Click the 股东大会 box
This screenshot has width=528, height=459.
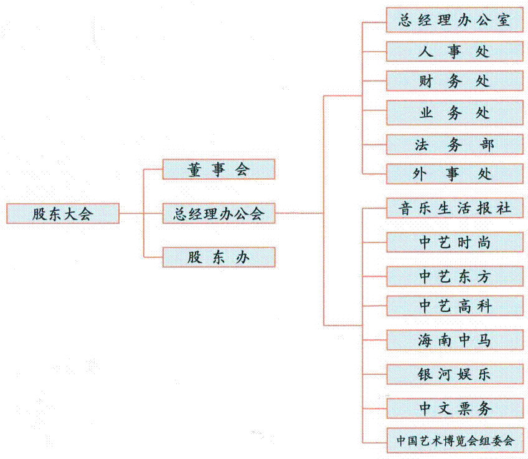coord(63,213)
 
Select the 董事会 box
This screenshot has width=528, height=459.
coord(219,169)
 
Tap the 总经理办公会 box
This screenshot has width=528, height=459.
coord(219,213)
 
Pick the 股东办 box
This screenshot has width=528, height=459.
coord(219,257)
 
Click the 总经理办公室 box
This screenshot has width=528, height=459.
coord(455,20)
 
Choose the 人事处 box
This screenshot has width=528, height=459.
coord(455,51)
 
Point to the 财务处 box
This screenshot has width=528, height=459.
coord(455,81)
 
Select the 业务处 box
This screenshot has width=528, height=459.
coord(455,113)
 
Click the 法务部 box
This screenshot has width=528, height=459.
coord(455,144)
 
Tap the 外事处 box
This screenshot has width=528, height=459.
coord(455,174)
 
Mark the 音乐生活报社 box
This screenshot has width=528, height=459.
coord(455,208)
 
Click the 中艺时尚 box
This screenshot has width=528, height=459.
coord(455,242)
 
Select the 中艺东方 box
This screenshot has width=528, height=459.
coord(455,276)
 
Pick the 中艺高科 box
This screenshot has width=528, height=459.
coord(455,306)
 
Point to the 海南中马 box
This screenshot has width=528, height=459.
coord(455,340)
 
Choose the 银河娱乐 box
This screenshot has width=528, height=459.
coord(455,374)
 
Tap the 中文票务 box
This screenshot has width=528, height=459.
coord(455,408)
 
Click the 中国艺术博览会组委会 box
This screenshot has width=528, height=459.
coord(455,440)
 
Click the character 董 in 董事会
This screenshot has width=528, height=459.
coord(195,169)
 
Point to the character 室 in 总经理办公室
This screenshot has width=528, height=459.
coord(503,20)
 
